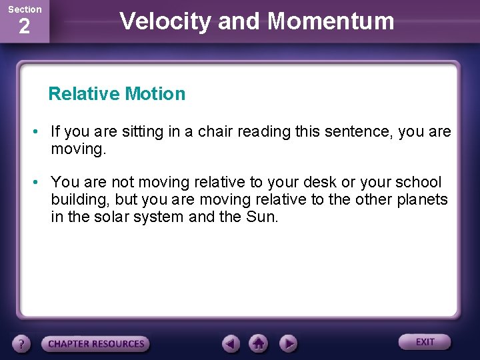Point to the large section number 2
[x=24, y=27]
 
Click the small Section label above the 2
[x=25, y=9]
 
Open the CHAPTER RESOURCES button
[x=96, y=344]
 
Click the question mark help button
[x=22, y=344]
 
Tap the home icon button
[x=259, y=344]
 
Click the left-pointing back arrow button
[x=231, y=344]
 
